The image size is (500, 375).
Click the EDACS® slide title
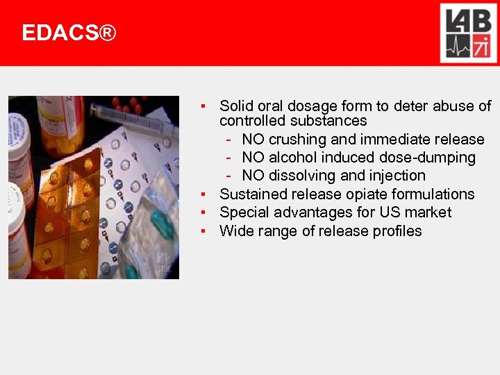pos(69,33)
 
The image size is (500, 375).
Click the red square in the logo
pos(481,49)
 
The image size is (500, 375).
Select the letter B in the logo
pos(481,22)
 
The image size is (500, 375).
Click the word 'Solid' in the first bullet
pos(235,106)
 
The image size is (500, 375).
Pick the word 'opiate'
pos(366,194)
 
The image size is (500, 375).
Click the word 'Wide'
pos(235,231)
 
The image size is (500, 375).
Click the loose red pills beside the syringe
pos(128,104)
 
